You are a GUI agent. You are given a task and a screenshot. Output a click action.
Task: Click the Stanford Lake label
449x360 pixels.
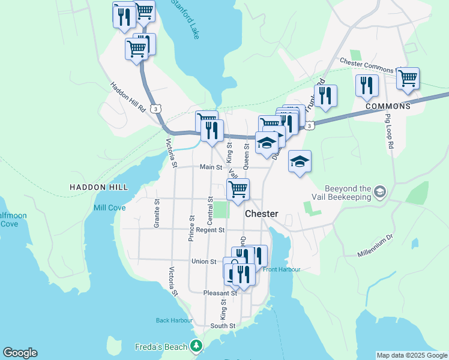coord(185,20)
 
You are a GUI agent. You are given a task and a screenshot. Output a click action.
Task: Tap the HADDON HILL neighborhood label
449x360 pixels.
coord(98,187)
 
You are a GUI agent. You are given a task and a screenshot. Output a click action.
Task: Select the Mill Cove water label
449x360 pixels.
coord(110,208)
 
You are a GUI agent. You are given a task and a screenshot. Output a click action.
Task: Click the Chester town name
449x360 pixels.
coord(261,214)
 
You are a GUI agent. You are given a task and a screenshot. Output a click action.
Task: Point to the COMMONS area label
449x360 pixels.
coord(388,106)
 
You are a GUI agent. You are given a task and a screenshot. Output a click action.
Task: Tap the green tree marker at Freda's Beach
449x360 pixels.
coord(196,346)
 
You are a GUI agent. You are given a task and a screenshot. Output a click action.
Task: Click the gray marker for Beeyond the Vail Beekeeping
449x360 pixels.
coord(379,192)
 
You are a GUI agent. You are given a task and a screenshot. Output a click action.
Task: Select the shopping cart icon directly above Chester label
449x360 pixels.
coord(238,189)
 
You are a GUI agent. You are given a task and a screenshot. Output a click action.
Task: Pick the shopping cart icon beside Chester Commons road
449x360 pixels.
coord(408,78)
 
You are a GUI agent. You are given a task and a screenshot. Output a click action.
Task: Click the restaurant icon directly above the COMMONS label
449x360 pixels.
coord(366,86)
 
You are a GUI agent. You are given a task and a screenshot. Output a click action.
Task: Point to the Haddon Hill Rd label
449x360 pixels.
coord(128,97)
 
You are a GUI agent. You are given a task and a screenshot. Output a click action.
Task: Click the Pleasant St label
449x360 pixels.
coord(220,293)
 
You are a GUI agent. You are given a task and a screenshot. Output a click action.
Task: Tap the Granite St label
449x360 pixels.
coord(157,212)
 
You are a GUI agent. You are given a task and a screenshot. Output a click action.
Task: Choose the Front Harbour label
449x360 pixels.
coord(282,269)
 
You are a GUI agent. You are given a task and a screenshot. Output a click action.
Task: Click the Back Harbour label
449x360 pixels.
coord(174,320)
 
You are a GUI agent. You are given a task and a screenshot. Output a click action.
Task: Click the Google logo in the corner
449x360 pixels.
coord(20,353)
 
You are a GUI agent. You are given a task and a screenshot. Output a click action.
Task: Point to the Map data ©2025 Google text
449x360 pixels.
coord(411,355)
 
